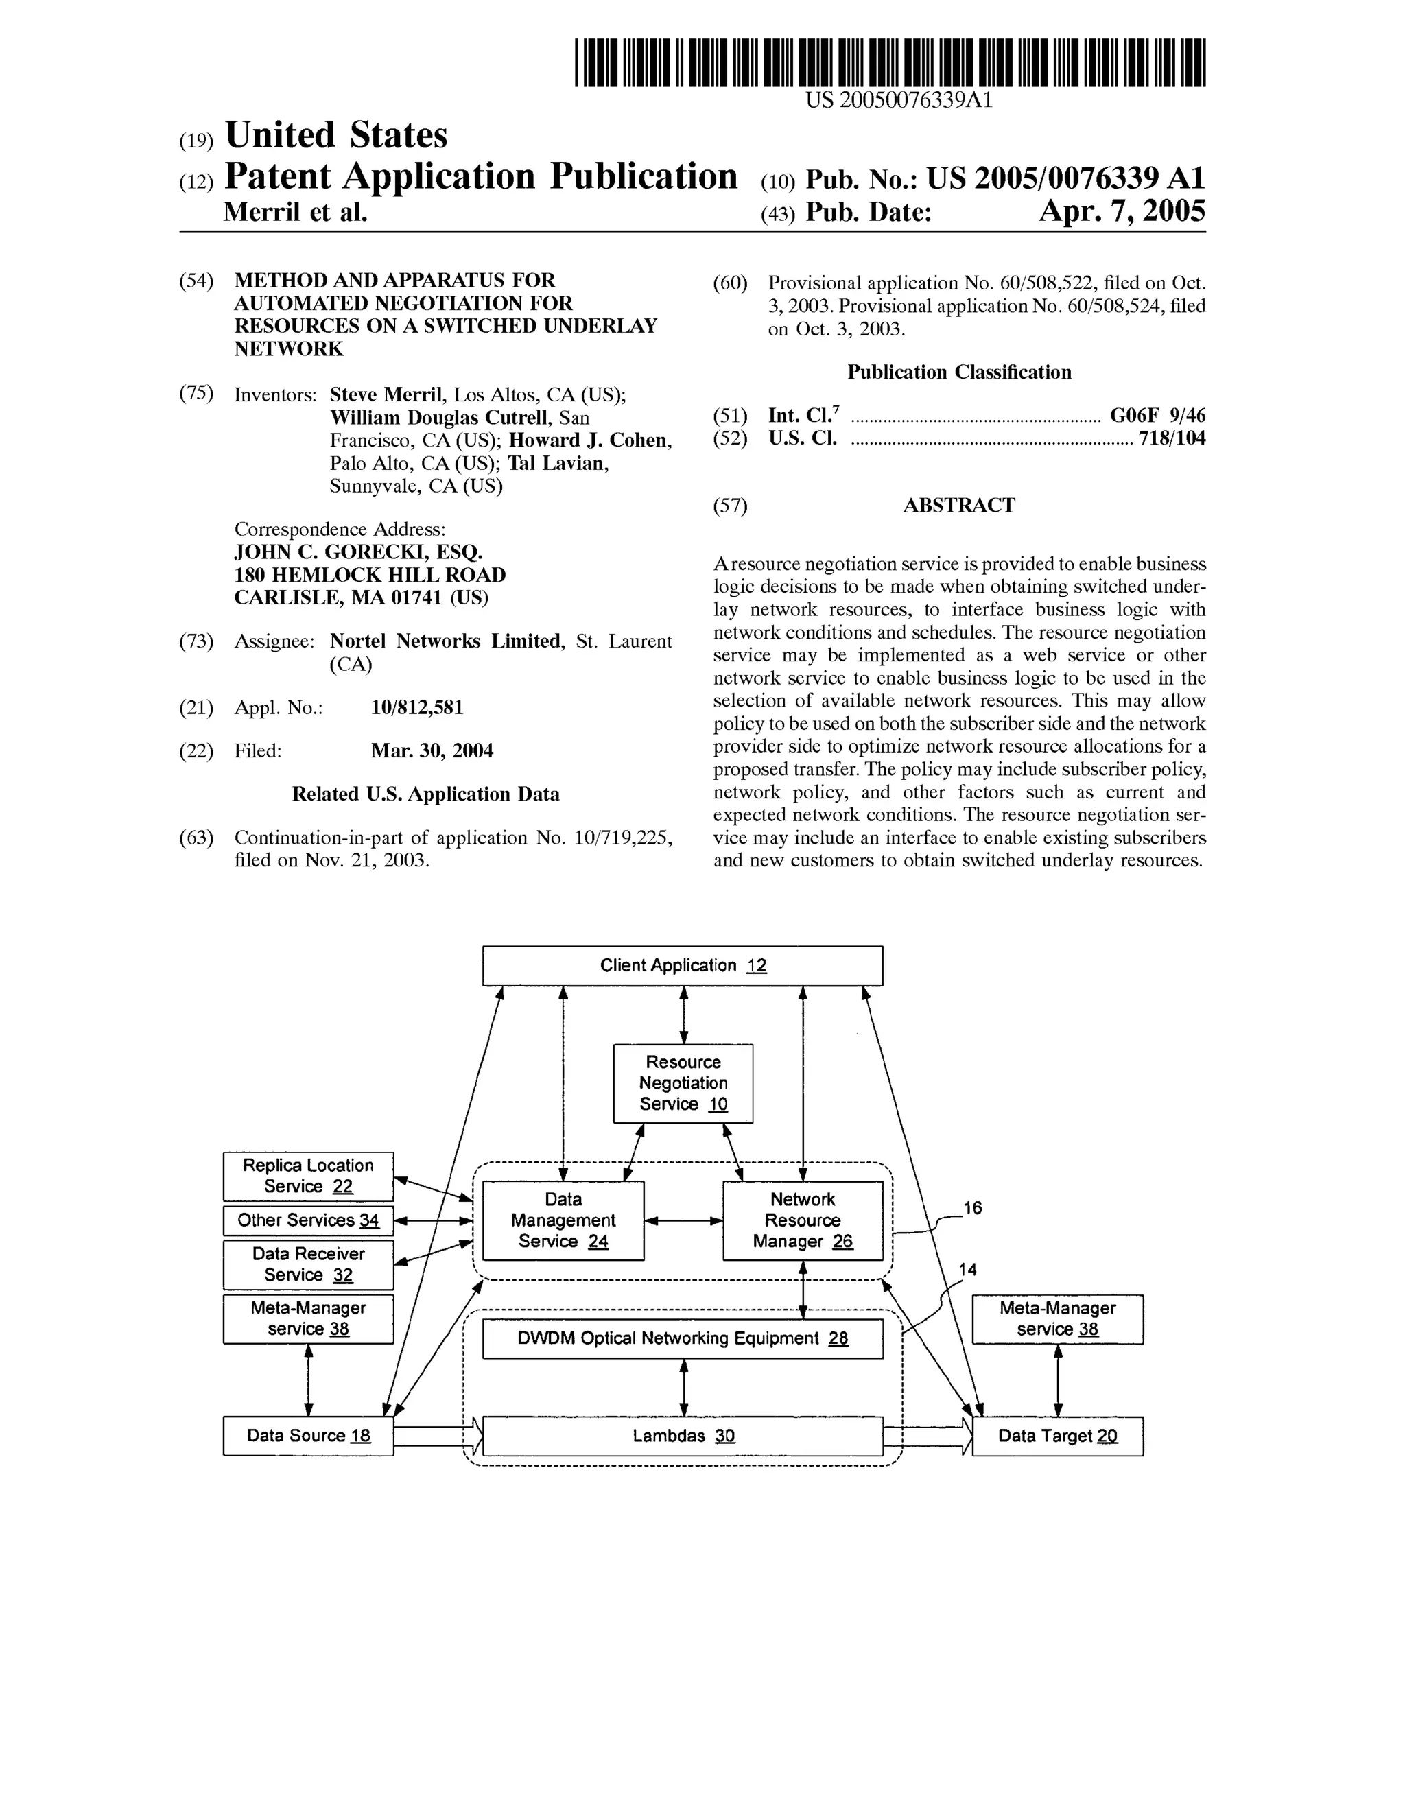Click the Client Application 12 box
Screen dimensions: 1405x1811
pos(682,965)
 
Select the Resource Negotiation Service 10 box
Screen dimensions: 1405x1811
pos(683,1083)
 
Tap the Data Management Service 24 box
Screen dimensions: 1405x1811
pos(563,1220)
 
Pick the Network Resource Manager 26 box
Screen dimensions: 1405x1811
pos(802,1220)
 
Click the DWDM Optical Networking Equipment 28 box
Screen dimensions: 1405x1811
pos(682,1338)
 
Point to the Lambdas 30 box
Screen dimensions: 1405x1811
pos(682,1435)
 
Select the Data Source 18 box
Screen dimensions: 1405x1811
pos(308,1435)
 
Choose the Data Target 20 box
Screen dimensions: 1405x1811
pos(1056,1435)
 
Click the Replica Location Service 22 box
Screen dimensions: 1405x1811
pos(308,1176)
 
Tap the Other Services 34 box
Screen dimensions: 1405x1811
pos(308,1220)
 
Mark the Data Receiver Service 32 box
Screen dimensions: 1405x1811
pos(308,1264)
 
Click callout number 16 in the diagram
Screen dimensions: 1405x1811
pos(972,1208)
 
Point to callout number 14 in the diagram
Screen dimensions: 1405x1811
pos(967,1270)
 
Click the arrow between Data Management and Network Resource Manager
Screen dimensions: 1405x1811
pos(683,1220)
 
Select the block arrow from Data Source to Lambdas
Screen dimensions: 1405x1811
pos(438,1435)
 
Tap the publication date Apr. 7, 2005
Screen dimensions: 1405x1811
pos(1122,212)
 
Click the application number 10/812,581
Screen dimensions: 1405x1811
pos(416,707)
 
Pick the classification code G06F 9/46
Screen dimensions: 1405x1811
pos(1157,416)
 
